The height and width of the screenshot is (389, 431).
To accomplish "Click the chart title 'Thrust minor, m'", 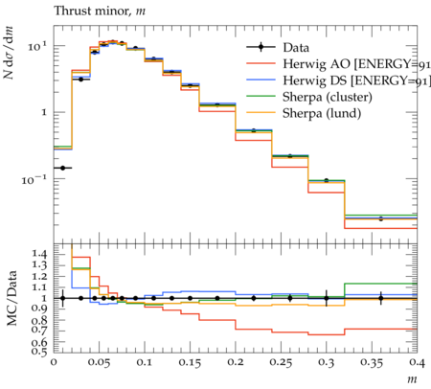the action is (100, 11).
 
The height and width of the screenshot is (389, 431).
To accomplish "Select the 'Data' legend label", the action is (296, 48).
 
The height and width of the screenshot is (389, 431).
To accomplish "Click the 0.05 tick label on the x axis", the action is (99, 362).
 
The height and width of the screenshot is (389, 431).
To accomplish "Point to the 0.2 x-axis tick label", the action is (236, 362).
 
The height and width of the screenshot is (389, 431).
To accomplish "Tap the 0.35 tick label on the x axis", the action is (372, 362).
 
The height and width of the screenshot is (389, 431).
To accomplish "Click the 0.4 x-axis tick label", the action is (417, 362).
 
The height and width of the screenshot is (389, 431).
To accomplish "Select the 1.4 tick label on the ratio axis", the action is (39, 254).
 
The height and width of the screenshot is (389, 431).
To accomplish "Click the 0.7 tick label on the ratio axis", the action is (39, 329).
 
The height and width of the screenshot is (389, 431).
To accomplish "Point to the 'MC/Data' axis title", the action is (12, 298).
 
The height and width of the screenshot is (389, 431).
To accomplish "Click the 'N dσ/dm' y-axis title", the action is (9, 53).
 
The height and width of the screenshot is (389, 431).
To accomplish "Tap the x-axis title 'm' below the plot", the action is (412, 379).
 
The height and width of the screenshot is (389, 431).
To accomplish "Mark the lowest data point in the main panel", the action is (63, 168).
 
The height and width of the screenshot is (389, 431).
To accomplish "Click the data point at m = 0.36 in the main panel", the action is (380, 218).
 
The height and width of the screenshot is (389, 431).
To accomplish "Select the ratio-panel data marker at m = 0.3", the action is (327, 298).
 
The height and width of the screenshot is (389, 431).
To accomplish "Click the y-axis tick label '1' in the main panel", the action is (44, 112).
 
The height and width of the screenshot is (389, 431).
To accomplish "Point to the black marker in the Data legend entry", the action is (261, 48).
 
